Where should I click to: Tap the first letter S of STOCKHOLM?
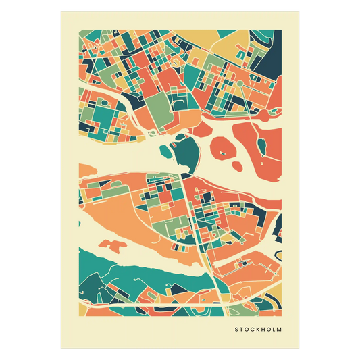coord(237,330)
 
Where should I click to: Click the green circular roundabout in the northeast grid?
coord(239,84)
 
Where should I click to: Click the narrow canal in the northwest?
coord(108,91)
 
